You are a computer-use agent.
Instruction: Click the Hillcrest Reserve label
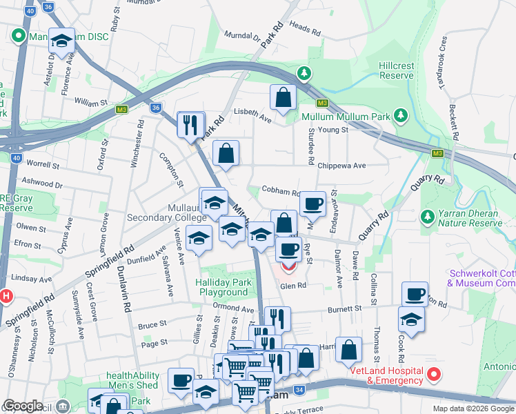pyautogui.click(x=396, y=71)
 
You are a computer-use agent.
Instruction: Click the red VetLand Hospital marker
pyautogui.click(x=434, y=375)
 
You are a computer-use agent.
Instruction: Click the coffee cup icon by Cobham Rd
pyautogui.click(x=312, y=204)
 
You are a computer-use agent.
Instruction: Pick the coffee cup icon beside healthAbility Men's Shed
pyautogui.click(x=181, y=379)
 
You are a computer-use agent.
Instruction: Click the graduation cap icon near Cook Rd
pyautogui.click(x=411, y=319)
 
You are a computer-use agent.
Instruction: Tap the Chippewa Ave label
pyautogui.click(x=341, y=166)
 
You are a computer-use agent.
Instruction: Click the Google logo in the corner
pyautogui.click(x=23, y=406)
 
